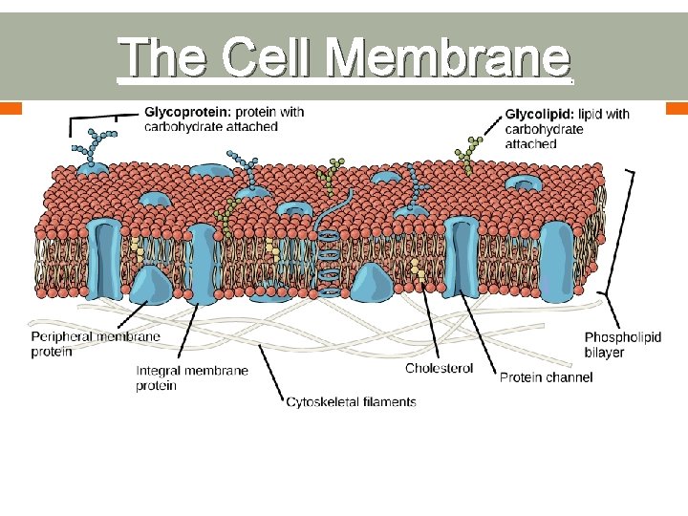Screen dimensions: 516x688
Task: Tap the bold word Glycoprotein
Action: pos(183,112)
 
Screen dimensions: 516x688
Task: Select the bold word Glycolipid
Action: pos(539,114)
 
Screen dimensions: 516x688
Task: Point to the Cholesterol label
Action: pos(439,369)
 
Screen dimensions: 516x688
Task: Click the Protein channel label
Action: pos(546,377)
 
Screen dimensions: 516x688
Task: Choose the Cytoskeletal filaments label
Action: pos(351,402)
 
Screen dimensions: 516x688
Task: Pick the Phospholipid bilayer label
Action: pos(622,344)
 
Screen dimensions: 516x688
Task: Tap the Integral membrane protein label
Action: pos(191,377)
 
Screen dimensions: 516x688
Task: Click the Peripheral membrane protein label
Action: pos(95,344)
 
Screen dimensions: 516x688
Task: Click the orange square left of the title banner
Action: pos(10,107)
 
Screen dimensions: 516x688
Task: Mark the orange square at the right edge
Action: pos(678,107)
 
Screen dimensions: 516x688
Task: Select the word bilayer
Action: pos(604,352)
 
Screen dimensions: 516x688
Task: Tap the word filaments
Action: pos(389,402)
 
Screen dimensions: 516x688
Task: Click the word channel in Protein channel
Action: pos(570,377)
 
